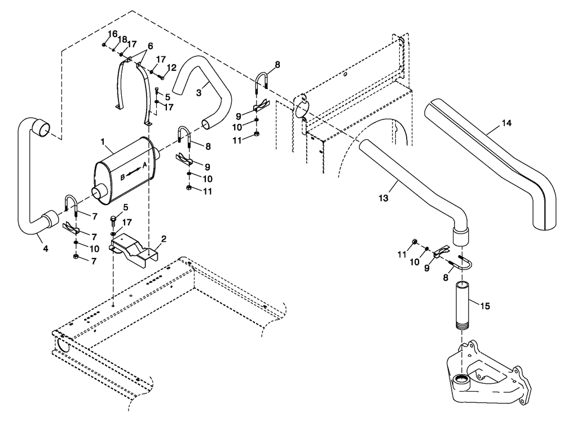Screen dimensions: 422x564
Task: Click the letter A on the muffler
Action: coord(144,165)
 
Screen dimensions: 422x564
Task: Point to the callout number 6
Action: coord(149,46)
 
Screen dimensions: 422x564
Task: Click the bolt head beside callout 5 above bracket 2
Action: coord(114,217)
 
